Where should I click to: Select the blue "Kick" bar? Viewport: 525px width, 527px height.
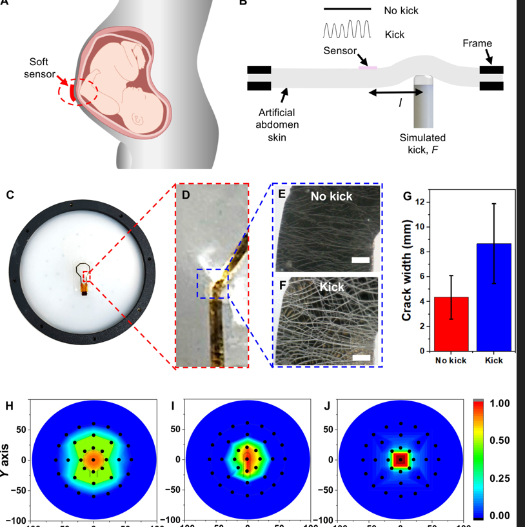click(x=493, y=297)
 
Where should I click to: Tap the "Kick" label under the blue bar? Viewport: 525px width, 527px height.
click(x=493, y=361)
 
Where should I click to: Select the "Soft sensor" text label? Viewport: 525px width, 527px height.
click(x=40, y=68)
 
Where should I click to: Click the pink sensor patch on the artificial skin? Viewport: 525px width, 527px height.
click(x=368, y=66)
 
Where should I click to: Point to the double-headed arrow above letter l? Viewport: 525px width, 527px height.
click(x=396, y=94)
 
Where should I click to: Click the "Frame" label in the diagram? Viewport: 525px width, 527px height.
click(x=477, y=44)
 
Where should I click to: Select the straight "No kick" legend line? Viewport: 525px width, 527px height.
click(x=347, y=9)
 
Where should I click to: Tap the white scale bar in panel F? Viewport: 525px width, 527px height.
click(x=362, y=357)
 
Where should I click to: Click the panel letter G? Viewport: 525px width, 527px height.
click(x=407, y=195)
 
